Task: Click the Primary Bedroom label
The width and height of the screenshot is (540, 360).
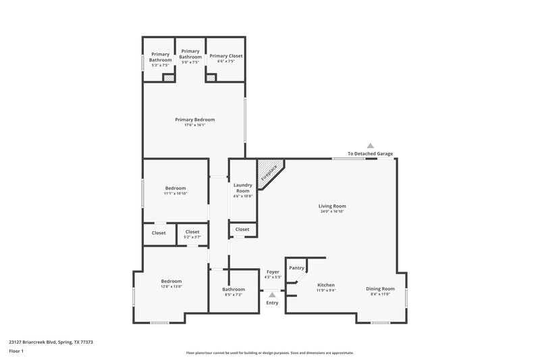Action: tap(194, 120)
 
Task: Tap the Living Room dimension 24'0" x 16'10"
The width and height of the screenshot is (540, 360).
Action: tap(333, 211)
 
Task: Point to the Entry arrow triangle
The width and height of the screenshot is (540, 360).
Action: tap(272, 294)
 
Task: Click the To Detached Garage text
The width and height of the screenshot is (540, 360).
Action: tap(370, 154)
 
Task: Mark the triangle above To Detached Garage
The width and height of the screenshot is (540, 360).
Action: tap(370, 145)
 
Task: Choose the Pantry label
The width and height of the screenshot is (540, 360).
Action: tap(296, 268)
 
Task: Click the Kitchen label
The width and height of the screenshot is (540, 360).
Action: tap(326, 285)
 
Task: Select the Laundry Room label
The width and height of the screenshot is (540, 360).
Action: tap(242, 187)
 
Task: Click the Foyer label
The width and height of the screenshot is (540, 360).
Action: tap(272, 272)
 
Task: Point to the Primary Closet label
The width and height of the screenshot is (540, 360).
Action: tap(225, 55)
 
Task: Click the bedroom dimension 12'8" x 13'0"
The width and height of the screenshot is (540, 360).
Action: tap(171, 286)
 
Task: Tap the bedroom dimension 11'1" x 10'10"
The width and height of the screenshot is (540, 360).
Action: tap(175, 194)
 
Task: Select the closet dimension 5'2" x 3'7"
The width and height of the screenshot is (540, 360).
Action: tap(192, 237)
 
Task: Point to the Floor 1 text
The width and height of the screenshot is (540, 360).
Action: tap(16, 352)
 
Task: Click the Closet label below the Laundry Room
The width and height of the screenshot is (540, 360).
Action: tap(242, 230)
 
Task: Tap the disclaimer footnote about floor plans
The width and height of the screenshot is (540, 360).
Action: tap(269, 353)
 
